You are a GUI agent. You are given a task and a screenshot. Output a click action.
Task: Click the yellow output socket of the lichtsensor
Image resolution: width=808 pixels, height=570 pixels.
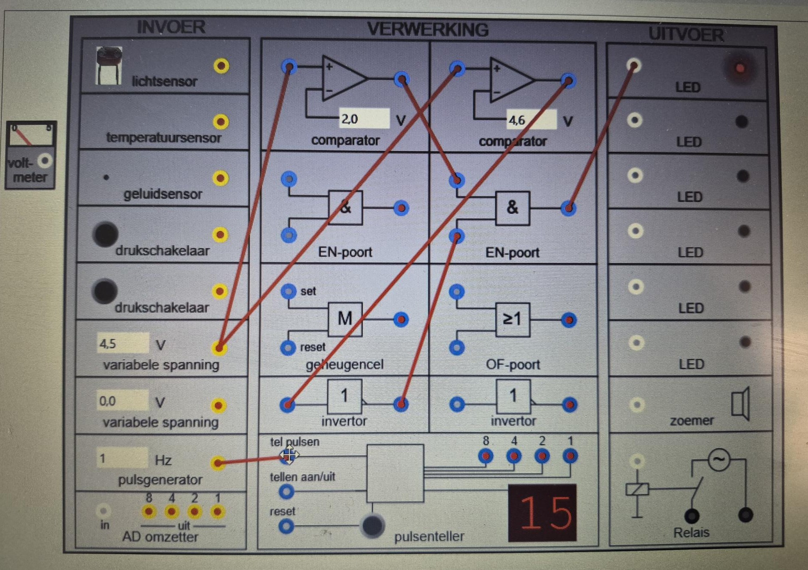(221, 66)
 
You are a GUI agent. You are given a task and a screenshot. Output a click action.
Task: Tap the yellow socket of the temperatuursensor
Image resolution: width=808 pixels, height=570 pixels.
(221, 122)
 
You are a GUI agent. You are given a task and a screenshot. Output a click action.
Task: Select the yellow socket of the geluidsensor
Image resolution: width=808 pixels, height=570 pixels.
(220, 178)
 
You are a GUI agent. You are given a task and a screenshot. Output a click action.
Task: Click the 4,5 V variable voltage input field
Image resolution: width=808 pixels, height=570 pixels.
(122, 344)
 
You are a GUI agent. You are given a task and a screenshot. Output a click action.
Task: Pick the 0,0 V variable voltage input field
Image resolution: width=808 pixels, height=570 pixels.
(122, 401)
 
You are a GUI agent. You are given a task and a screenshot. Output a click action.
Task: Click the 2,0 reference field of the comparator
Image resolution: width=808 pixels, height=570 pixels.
(363, 119)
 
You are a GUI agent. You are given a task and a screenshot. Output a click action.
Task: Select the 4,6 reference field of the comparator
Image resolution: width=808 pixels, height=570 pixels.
(531, 120)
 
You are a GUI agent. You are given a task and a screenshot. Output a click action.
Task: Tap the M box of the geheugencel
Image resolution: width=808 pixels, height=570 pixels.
(345, 319)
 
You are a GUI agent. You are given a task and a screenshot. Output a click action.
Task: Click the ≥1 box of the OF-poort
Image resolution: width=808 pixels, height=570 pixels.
(512, 319)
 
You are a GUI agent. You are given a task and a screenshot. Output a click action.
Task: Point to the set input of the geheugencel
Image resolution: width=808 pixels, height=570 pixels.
(288, 291)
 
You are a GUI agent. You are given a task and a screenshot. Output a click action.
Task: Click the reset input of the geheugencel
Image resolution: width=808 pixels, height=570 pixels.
(288, 347)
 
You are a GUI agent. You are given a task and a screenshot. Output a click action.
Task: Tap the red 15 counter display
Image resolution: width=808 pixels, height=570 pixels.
(542, 513)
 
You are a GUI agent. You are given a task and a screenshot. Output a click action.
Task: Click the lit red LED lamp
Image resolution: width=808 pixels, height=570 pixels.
(740, 68)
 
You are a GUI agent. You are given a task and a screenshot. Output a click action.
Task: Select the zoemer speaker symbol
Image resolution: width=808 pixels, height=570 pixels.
(741, 404)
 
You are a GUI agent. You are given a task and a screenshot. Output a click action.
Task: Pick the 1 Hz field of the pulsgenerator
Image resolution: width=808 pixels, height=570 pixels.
(122, 458)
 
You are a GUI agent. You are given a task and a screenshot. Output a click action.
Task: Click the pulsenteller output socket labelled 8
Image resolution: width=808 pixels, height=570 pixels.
(486, 456)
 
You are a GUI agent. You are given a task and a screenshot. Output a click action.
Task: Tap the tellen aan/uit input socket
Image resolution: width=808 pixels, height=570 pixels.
(286, 492)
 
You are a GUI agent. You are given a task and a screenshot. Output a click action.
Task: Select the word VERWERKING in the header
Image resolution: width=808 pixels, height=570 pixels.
(428, 30)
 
